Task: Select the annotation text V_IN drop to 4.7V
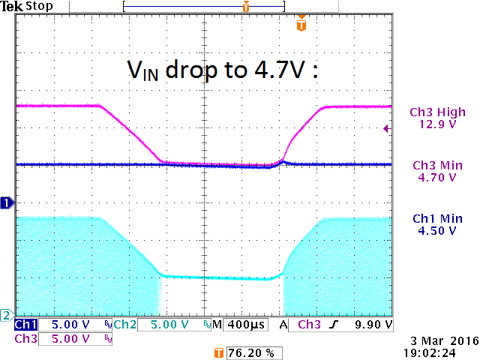point(222,70)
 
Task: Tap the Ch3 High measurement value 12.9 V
point(437,124)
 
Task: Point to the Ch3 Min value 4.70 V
point(437,178)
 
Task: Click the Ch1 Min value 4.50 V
point(437,230)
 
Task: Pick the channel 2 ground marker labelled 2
point(6,314)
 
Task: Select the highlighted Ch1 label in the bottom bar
point(25,325)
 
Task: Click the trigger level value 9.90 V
point(373,325)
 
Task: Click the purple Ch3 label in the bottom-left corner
point(25,339)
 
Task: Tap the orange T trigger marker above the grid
point(301,25)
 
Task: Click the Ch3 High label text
point(437,112)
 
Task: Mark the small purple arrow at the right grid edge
point(386,128)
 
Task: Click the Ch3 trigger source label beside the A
point(308,325)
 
